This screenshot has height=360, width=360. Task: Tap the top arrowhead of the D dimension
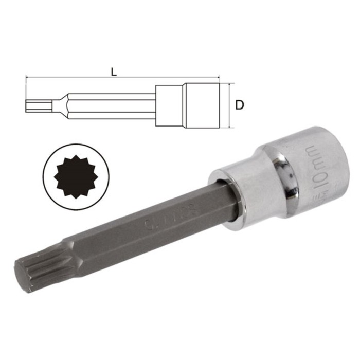pos(227,85)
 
